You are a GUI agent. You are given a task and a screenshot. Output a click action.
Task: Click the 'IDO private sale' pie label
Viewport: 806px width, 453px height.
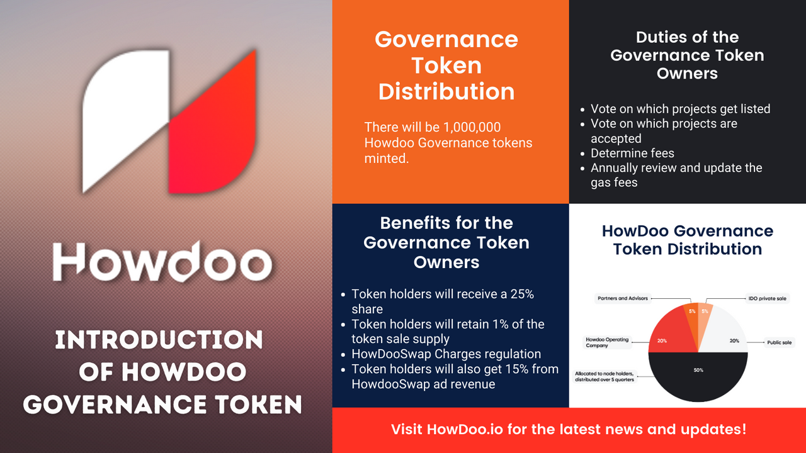tap(767, 298)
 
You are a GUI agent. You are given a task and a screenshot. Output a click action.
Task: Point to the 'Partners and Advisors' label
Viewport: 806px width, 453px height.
tap(623, 298)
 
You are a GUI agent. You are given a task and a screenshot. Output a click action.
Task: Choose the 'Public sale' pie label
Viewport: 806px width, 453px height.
tap(779, 342)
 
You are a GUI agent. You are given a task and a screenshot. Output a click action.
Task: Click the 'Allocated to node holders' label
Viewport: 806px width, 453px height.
tap(604, 376)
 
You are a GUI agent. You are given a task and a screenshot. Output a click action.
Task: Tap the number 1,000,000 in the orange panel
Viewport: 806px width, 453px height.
tap(472, 127)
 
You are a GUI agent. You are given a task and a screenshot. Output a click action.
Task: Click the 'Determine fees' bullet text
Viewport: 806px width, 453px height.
tap(632, 153)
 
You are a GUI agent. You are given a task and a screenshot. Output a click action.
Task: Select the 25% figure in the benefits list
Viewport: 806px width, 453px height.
tap(522, 294)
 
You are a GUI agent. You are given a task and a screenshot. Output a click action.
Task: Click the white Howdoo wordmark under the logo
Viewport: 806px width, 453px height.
tap(162, 261)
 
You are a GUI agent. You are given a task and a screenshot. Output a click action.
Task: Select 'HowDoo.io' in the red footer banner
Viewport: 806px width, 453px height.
tap(465, 429)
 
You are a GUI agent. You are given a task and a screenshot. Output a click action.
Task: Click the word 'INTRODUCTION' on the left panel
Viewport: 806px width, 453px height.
tap(159, 340)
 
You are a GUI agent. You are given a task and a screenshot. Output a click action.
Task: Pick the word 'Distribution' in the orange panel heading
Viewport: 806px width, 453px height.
tap(446, 91)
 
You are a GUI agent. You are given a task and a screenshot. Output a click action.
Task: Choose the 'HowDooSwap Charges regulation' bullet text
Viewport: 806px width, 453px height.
tap(446, 354)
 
